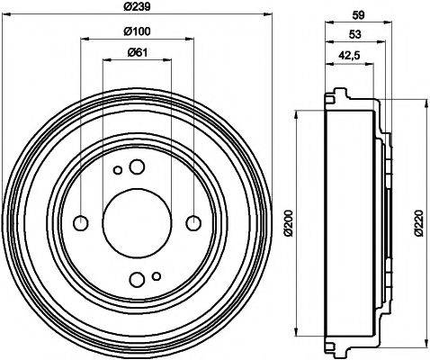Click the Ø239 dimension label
[137, 7]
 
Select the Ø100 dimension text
[137, 32]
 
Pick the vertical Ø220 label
[419, 220]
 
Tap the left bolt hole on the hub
[81, 222]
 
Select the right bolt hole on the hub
[193, 222]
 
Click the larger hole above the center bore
[137, 166]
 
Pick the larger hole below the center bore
[137, 278]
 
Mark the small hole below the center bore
[157, 274]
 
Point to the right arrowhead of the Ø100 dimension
[188, 39]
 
